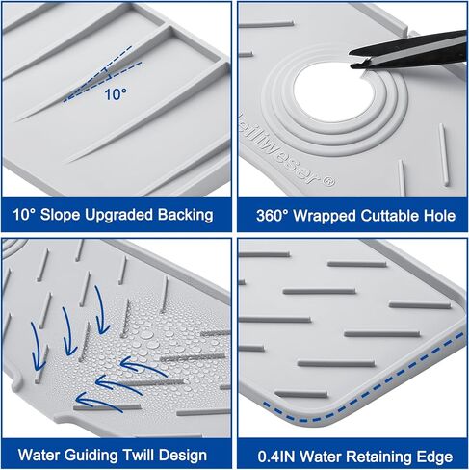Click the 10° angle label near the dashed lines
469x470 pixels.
coord(116,94)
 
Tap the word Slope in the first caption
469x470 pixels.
coord(60,215)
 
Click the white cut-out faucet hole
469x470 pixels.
coord(334,92)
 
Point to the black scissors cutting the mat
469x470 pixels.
coord(408,50)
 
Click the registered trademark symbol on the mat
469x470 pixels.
coord(329,182)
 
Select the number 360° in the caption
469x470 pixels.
coord(273,216)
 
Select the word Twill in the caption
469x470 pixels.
coord(139,455)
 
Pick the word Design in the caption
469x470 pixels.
coord(183,456)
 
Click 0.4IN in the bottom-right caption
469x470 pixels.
coord(276,457)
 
